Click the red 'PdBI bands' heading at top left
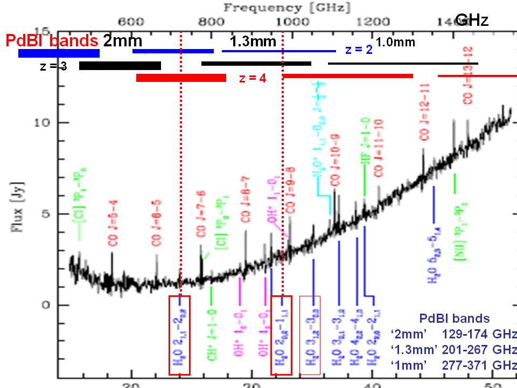tap(52, 41)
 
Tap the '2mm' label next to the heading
tap(122, 41)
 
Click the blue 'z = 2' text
tap(359, 50)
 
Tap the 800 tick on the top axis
tap(210, 21)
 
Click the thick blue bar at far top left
tap(59, 53)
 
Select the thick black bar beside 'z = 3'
tap(120, 66)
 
